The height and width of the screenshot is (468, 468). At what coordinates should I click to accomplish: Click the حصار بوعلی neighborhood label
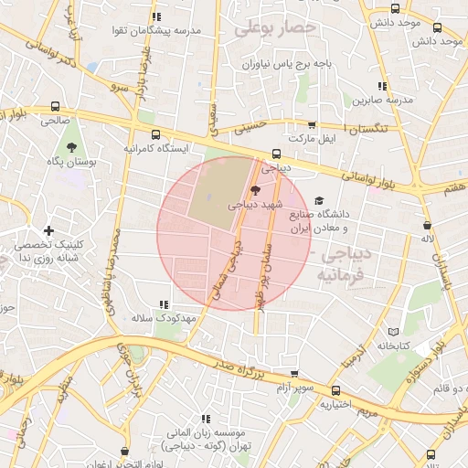pos(275,28)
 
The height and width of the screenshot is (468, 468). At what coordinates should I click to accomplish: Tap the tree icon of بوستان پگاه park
pos(71,146)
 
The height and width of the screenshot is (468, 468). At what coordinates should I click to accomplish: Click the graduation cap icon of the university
pos(318,201)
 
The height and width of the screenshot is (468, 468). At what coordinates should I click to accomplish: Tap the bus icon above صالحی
pos(56,106)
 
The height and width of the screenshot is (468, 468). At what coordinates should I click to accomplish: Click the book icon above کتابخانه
pos(394,331)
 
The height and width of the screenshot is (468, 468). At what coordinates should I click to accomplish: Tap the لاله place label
pos(426,239)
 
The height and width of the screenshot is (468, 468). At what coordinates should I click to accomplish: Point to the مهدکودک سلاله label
pos(165,318)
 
